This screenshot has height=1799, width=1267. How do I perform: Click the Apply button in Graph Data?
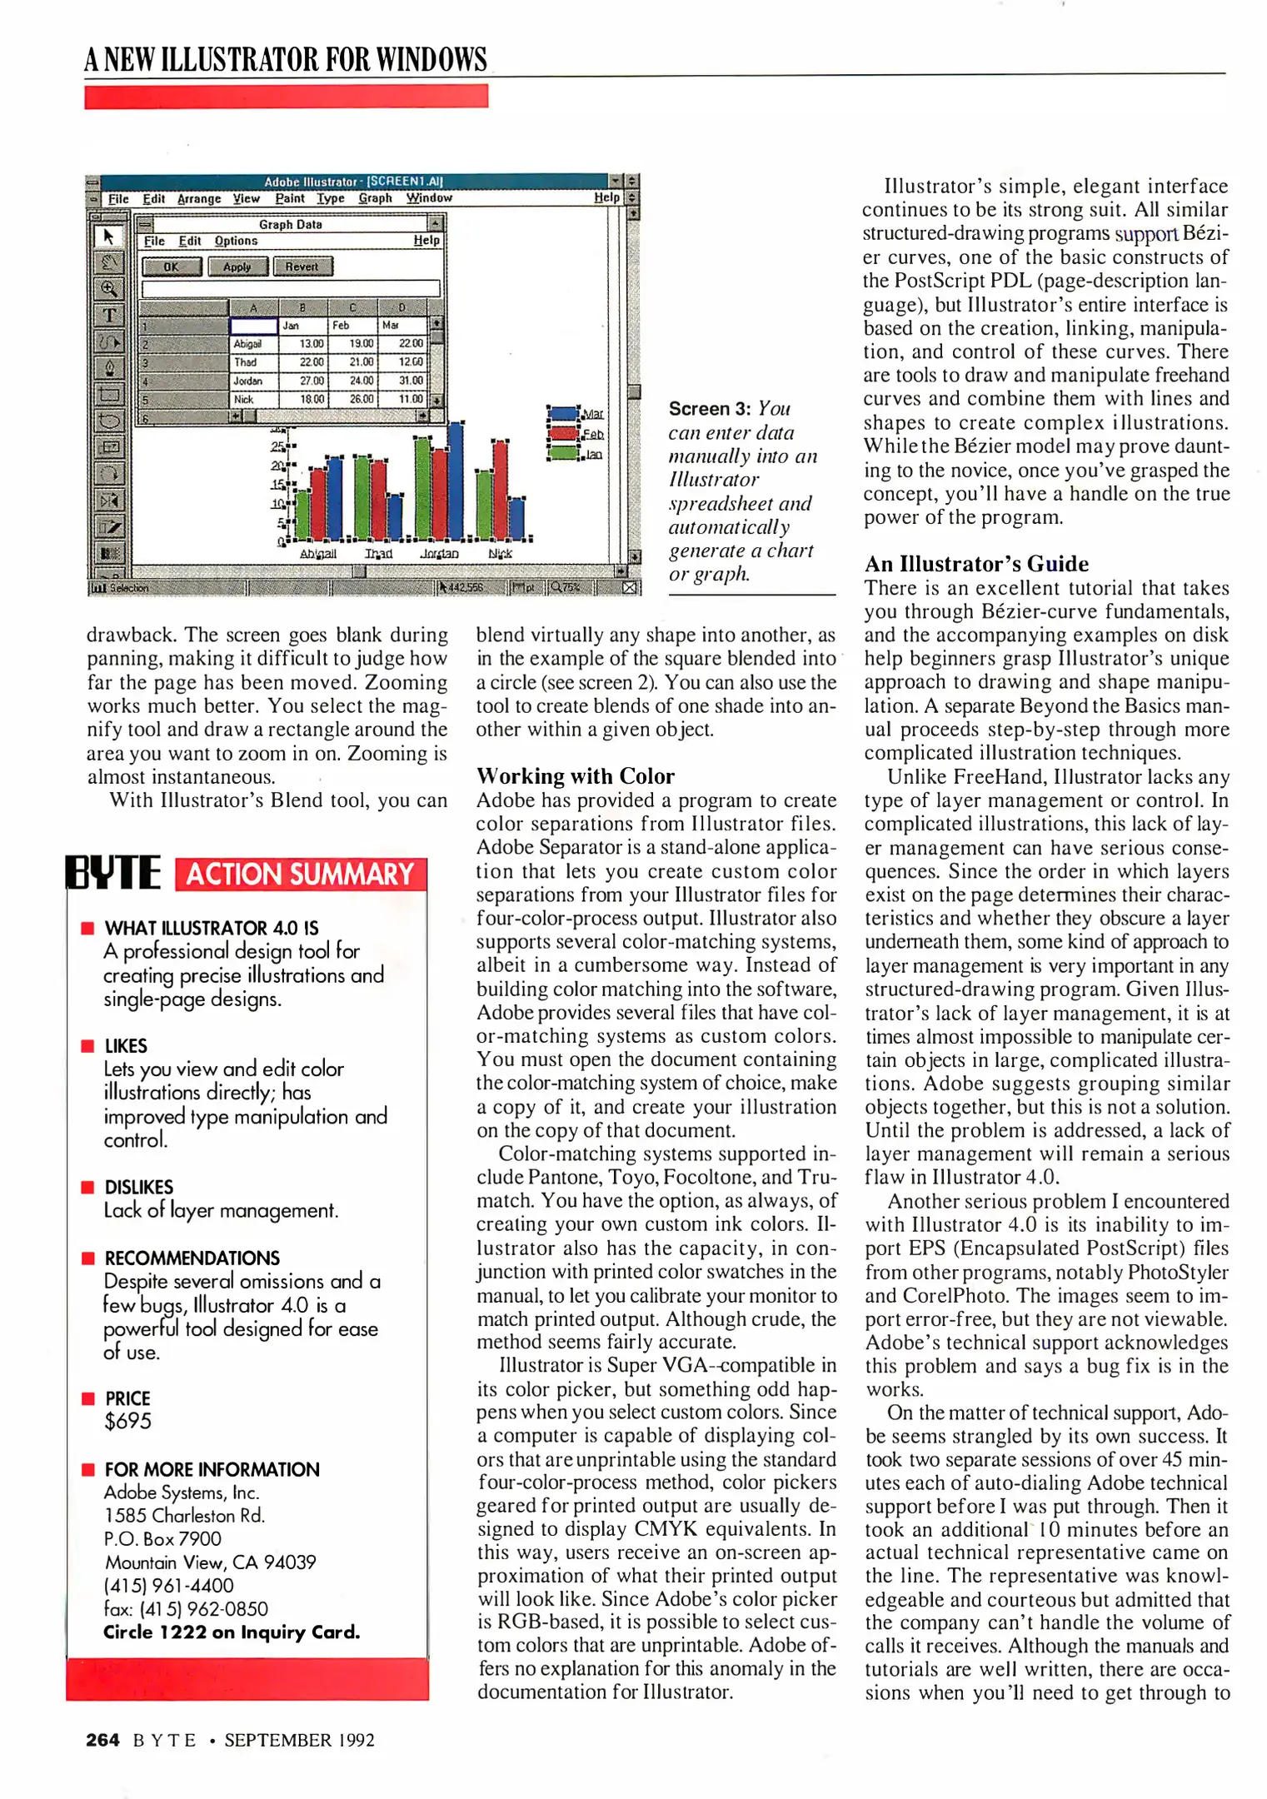[x=237, y=267]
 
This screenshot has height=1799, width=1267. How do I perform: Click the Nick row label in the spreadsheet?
[x=244, y=400]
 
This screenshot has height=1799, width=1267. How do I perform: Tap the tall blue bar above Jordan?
[x=456, y=481]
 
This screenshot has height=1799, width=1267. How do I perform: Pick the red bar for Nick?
[x=501, y=491]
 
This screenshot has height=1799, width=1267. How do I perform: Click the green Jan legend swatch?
[x=564, y=453]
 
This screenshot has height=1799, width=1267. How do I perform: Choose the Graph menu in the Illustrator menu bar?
[x=375, y=198]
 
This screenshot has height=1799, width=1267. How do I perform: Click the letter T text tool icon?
[x=109, y=315]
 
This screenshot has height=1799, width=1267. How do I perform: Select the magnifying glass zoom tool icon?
[x=109, y=289]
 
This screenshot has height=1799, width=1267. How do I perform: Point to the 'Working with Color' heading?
[x=575, y=776]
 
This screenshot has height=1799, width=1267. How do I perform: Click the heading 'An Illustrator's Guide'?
[x=976, y=564]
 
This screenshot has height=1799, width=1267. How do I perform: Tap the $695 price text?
[x=128, y=1422]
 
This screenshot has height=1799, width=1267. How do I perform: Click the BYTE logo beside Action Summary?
[x=113, y=873]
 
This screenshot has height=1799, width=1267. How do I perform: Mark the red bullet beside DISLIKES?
[x=87, y=1187]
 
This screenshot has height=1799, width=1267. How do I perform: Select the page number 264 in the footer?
[x=102, y=1740]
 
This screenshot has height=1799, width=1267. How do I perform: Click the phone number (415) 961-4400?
[x=168, y=1586]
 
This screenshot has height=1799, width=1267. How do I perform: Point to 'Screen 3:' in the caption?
[x=710, y=409]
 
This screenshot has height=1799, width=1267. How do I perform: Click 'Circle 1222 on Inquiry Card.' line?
[x=232, y=1632]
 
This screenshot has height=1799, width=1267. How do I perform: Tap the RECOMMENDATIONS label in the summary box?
[x=192, y=1258]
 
